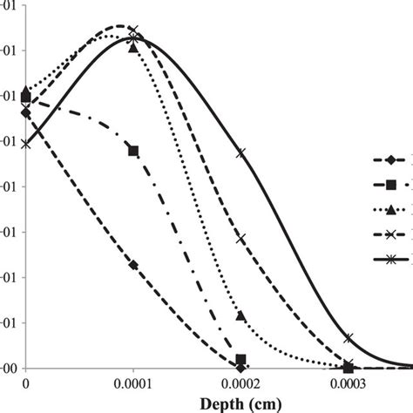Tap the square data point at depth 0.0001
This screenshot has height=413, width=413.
tap(133, 151)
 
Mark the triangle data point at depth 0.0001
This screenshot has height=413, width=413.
tap(133, 47)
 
